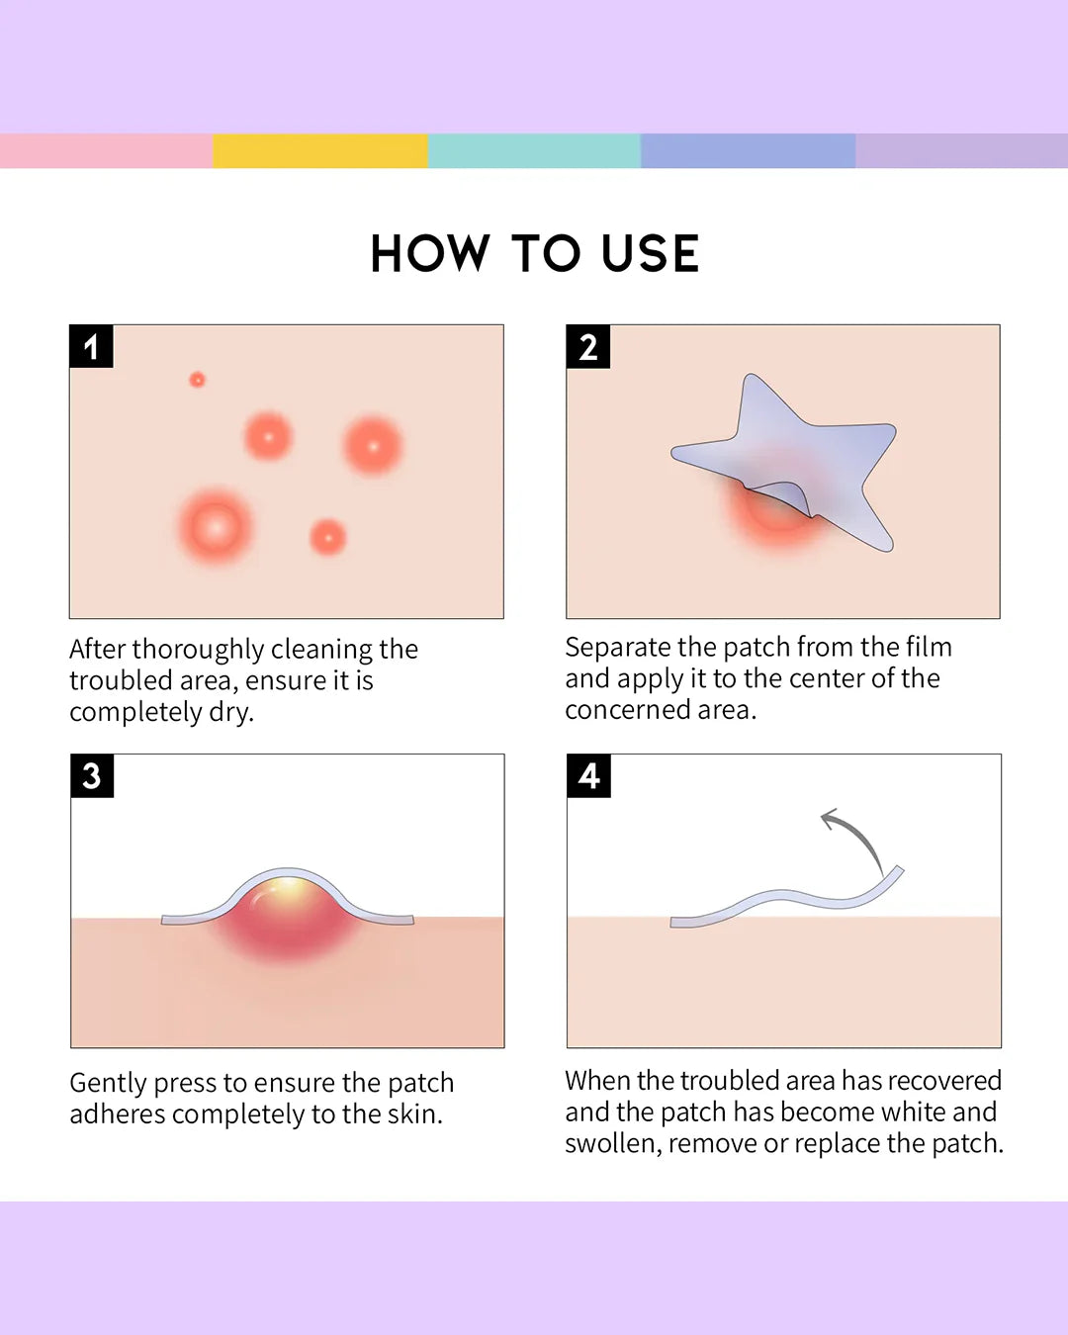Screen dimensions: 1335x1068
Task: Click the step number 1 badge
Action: pyautogui.click(x=91, y=347)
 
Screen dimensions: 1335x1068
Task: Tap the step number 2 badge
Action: pyautogui.click(x=587, y=347)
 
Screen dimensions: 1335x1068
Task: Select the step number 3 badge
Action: pyautogui.click(x=92, y=776)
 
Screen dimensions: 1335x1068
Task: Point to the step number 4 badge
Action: pyautogui.click(x=588, y=776)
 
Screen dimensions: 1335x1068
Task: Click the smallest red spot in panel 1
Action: pyautogui.click(x=197, y=380)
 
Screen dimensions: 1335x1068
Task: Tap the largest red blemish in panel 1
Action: pyautogui.click(x=216, y=526)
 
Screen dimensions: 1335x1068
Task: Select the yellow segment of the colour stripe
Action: pyautogui.click(x=319, y=151)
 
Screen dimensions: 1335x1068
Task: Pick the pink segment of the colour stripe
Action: pyautogui.click(x=106, y=151)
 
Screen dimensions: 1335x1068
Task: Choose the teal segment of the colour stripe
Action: pyautogui.click(x=534, y=151)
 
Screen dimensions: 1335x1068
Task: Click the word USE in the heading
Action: pyautogui.click(x=650, y=254)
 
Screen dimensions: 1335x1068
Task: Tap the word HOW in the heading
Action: pyautogui.click(x=430, y=254)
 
